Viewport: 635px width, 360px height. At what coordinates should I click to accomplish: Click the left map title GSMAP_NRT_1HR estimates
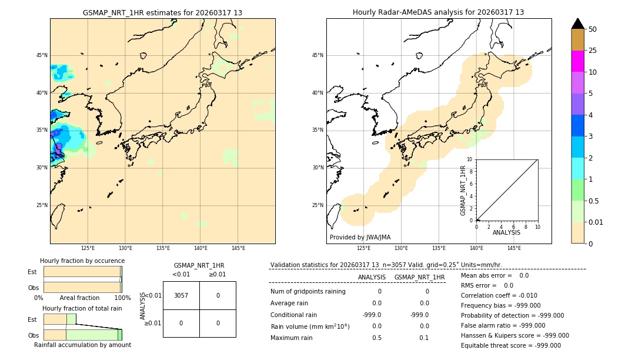(162, 12)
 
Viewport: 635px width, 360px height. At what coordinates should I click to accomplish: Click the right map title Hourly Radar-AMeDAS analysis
(439, 12)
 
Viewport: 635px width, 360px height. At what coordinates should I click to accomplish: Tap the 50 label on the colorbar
(593, 29)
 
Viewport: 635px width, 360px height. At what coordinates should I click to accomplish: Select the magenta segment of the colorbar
(578, 61)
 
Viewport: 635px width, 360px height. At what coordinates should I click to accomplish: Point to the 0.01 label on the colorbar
(596, 222)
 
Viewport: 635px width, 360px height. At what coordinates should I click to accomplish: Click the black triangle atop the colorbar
(578, 24)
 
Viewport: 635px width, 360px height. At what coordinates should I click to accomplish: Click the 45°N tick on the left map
(42, 55)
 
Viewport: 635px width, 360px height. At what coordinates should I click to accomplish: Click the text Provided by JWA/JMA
(360, 238)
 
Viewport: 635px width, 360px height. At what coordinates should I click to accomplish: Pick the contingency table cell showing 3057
(181, 295)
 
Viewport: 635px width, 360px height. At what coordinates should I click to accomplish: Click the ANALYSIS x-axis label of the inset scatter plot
(506, 232)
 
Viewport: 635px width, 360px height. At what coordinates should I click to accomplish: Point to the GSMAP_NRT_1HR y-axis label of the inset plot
(463, 190)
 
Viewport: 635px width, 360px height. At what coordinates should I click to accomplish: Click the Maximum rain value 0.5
(376, 338)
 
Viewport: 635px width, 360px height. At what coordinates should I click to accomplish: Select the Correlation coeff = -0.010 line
(499, 295)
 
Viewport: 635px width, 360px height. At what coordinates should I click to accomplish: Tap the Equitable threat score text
(510, 345)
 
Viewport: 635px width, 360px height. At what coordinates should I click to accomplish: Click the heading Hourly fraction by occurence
(82, 261)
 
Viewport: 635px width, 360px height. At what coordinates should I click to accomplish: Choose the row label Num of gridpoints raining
(308, 291)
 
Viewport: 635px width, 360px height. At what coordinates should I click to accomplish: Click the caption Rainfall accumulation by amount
(82, 345)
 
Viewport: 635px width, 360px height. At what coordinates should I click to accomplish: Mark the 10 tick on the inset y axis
(470, 159)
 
